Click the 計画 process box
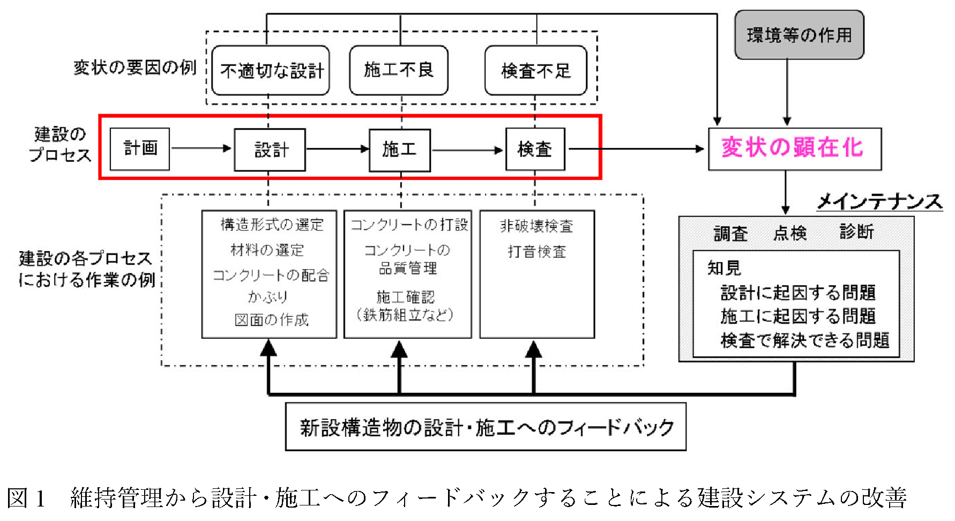click(x=140, y=148)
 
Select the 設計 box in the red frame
click(x=270, y=150)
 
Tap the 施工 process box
click(x=400, y=150)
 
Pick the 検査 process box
click(x=535, y=149)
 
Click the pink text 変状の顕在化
click(x=793, y=148)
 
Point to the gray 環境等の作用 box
click(x=799, y=35)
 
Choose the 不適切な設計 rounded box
click(x=271, y=71)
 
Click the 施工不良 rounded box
click(x=399, y=70)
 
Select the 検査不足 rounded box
click(x=536, y=71)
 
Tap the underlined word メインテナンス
click(x=879, y=202)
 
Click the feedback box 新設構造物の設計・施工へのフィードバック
click(x=486, y=427)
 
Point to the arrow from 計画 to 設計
click(x=202, y=148)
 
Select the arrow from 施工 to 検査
click(x=467, y=150)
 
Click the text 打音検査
click(x=537, y=251)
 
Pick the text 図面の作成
click(x=271, y=320)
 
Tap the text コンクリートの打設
click(x=409, y=225)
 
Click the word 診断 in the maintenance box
click(x=856, y=232)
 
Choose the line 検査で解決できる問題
click(x=804, y=340)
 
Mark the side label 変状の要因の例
click(x=135, y=68)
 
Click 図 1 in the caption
click(x=26, y=498)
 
